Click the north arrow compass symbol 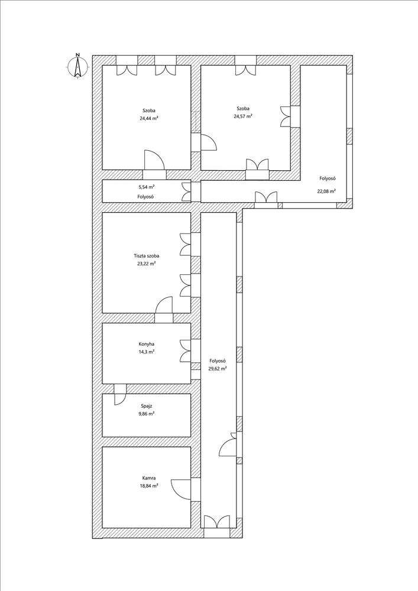[x=77, y=66]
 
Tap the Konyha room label [x=147, y=344]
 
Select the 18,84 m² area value [x=148, y=485]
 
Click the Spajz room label [x=147, y=407]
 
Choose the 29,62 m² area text [x=217, y=369]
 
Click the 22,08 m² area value [x=326, y=191]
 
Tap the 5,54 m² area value [x=147, y=187]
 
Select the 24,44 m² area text [x=148, y=118]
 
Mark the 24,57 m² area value [x=243, y=116]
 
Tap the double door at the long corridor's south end [x=217, y=522]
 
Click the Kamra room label [x=148, y=478]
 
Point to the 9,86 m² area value [x=147, y=414]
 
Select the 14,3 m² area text [x=147, y=351]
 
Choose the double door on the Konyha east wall [x=186, y=351]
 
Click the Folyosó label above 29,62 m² [x=217, y=361]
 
